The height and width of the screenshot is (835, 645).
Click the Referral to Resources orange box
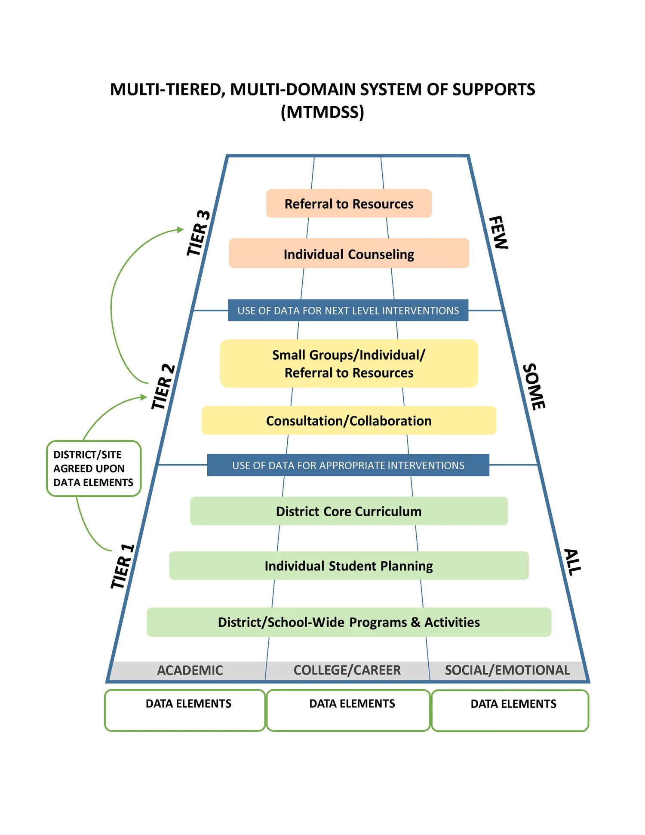point(349,203)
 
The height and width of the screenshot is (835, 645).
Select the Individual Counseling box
point(349,254)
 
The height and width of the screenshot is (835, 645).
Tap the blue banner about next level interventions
point(348,311)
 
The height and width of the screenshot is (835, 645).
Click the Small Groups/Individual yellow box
point(349,364)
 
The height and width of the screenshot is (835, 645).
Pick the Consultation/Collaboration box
point(349,421)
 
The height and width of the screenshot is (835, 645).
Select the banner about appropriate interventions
point(348,465)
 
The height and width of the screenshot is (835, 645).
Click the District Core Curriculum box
point(349,511)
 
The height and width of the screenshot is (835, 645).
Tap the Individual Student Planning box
point(349,566)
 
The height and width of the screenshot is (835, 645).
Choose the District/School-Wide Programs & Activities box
point(349,622)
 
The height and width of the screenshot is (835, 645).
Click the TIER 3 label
point(198,233)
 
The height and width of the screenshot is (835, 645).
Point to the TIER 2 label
point(163,387)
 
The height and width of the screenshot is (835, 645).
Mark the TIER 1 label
point(123,567)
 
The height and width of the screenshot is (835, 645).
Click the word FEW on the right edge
point(499,232)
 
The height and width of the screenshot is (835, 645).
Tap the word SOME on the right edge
point(534,387)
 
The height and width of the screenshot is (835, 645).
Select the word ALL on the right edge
point(572,562)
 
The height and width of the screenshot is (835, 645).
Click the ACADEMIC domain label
point(190,670)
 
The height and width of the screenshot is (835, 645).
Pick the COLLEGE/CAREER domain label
point(347,670)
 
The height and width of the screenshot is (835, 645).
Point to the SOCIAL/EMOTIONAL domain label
point(507,670)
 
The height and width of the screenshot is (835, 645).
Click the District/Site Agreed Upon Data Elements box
point(93,468)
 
